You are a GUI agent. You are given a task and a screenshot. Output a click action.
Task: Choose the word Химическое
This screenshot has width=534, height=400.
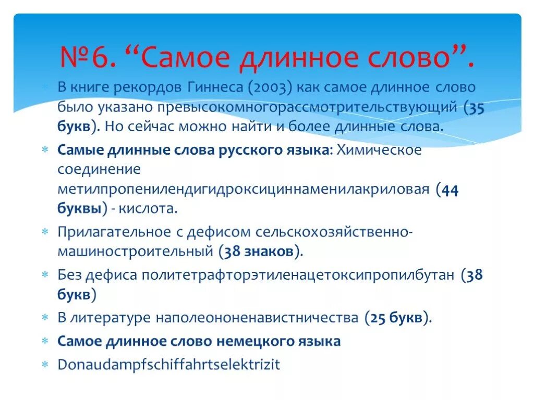(x=379, y=150)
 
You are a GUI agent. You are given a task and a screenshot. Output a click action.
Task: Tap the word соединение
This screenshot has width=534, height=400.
(x=99, y=169)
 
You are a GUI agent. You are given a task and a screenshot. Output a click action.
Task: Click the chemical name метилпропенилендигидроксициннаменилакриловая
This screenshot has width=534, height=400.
(x=243, y=189)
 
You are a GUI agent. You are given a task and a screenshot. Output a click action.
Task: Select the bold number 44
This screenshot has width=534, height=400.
(x=450, y=189)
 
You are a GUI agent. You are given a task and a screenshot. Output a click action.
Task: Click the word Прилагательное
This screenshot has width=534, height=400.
(x=114, y=231)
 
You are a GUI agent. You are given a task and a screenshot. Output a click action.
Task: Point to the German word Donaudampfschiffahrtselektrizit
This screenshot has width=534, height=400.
(x=168, y=364)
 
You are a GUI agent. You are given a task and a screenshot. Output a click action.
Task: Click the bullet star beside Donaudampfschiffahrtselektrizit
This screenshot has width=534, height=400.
(x=46, y=364)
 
